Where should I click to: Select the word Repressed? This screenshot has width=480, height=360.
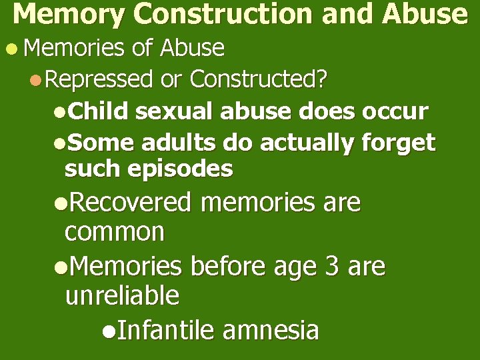(100, 80)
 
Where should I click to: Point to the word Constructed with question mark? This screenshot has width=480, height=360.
(259, 80)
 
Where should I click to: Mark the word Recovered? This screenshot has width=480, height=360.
(130, 202)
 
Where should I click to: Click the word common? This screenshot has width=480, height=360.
(115, 232)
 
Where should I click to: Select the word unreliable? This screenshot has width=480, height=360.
(122, 295)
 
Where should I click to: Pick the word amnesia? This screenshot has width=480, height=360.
(271, 329)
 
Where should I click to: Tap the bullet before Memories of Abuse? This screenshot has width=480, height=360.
(8, 49)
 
